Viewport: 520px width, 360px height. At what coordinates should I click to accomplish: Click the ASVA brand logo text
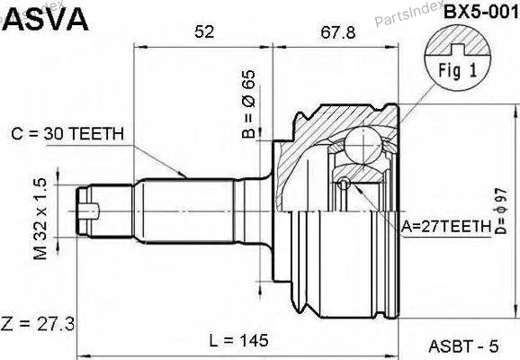(x=46, y=20)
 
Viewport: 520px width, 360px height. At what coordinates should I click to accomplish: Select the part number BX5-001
(x=480, y=13)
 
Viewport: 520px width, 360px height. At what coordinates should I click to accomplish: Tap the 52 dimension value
(x=204, y=31)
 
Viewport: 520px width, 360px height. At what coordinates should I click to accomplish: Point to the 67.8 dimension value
(x=338, y=32)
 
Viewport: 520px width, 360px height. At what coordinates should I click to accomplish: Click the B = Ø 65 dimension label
(x=248, y=103)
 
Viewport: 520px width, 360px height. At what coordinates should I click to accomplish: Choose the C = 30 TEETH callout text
(x=67, y=134)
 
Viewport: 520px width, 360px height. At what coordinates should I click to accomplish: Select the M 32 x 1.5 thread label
(x=40, y=219)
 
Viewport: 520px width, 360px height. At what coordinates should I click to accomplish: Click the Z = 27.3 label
(x=38, y=324)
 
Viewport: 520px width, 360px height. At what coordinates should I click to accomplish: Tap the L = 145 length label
(x=238, y=340)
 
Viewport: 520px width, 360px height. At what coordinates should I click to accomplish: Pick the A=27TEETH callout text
(x=446, y=226)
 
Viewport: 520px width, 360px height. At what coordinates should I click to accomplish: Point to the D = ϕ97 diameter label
(x=501, y=211)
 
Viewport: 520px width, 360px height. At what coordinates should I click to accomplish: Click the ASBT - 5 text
(x=463, y=346)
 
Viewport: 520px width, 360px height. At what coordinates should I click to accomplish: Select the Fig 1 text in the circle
(x=458, y=71)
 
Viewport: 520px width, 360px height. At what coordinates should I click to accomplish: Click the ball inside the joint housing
(x=363, y=145)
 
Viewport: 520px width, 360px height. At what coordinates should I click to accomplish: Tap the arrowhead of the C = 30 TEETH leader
(x=183, y=175)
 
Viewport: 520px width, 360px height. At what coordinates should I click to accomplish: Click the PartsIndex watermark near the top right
(x=408, y=13)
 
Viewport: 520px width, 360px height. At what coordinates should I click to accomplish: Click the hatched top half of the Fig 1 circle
(x=458, y=40)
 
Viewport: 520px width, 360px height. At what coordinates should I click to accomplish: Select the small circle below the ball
(x=345, y=183)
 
